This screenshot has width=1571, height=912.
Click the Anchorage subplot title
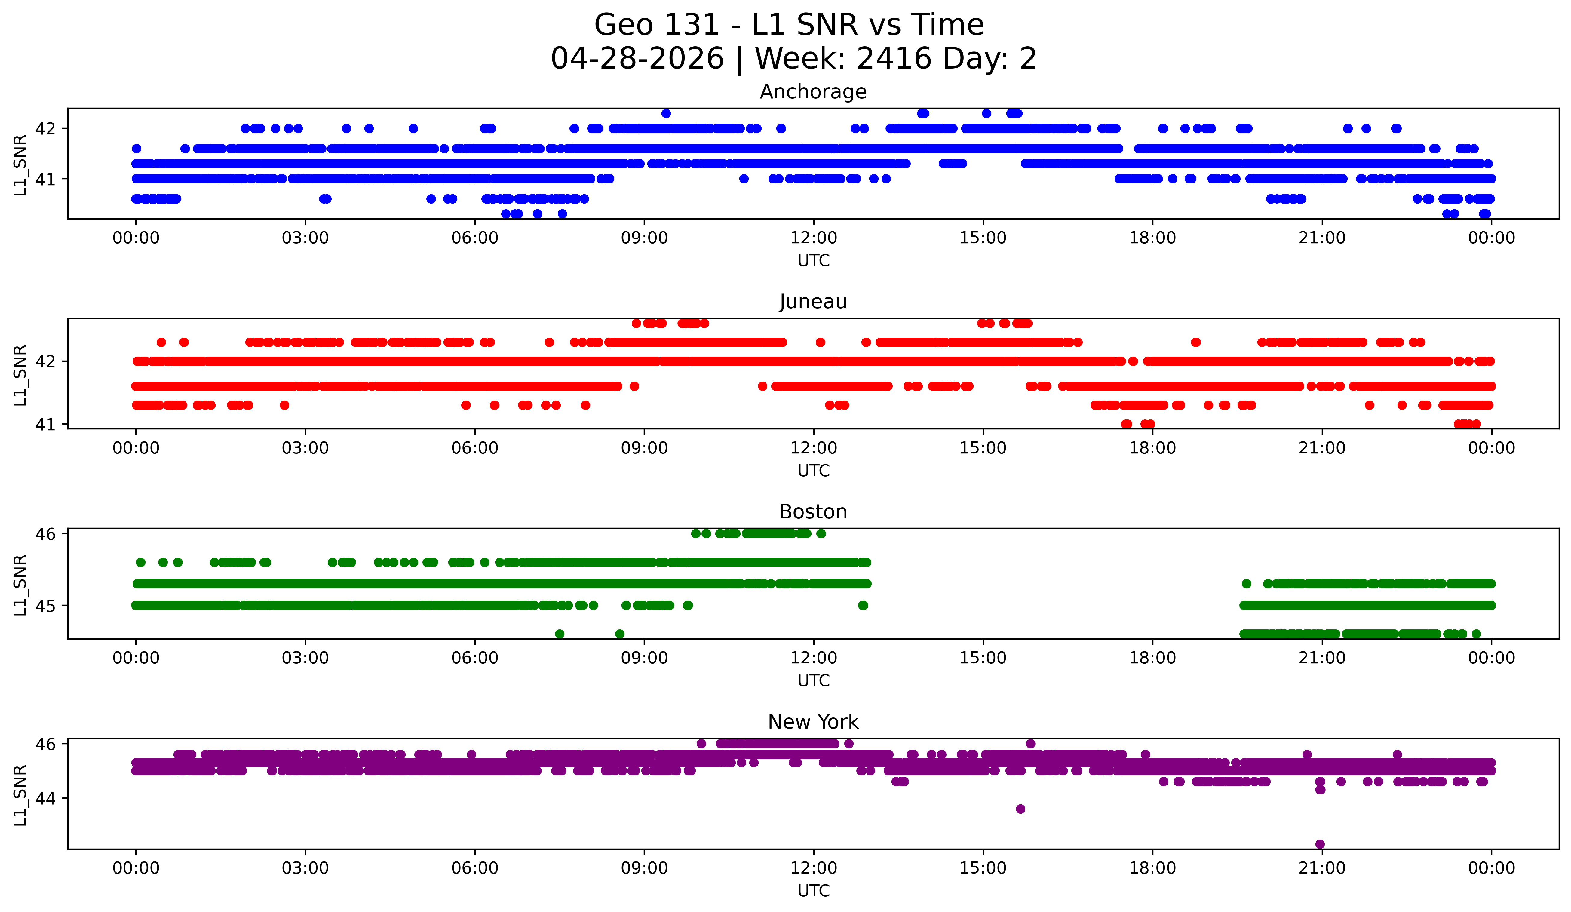coord(813,92)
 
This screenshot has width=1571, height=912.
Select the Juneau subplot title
coord(813,302)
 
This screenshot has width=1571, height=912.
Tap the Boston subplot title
coord(813,512)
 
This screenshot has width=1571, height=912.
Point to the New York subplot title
coord(813,722)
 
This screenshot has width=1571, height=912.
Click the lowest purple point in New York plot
coord(1320,844)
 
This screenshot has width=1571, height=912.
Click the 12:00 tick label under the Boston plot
coord(814,658)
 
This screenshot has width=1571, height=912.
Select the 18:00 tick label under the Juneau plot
coord(1152,448)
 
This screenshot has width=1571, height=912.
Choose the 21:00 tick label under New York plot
coord(1322,868)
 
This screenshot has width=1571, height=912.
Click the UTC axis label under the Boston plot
coord(814,681)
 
